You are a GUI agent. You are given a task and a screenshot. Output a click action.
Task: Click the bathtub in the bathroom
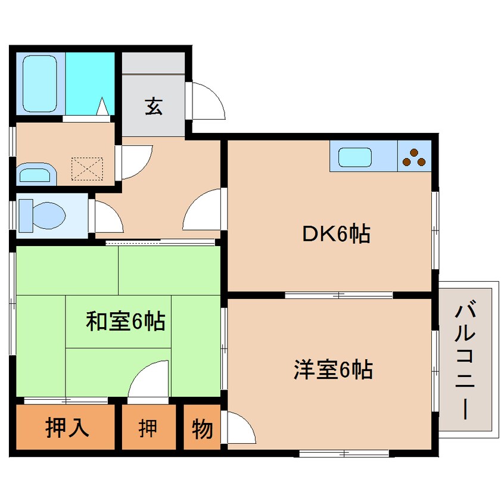40,83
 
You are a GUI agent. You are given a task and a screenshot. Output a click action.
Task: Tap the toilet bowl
48,216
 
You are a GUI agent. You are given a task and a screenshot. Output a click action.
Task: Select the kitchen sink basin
355,157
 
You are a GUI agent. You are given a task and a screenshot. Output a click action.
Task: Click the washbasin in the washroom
37,174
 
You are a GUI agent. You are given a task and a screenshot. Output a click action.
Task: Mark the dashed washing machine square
87,169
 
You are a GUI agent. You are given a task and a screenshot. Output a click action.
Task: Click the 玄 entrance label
154,107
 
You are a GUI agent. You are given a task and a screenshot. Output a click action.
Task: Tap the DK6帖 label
337,233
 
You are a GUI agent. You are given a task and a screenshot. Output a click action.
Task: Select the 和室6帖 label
125,321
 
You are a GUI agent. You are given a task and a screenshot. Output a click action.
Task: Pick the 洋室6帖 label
333,369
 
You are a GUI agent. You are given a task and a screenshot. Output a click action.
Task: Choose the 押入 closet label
67,428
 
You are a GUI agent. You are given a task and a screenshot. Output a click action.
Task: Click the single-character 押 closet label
148,428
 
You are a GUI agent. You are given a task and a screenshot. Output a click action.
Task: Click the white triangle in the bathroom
103,105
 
